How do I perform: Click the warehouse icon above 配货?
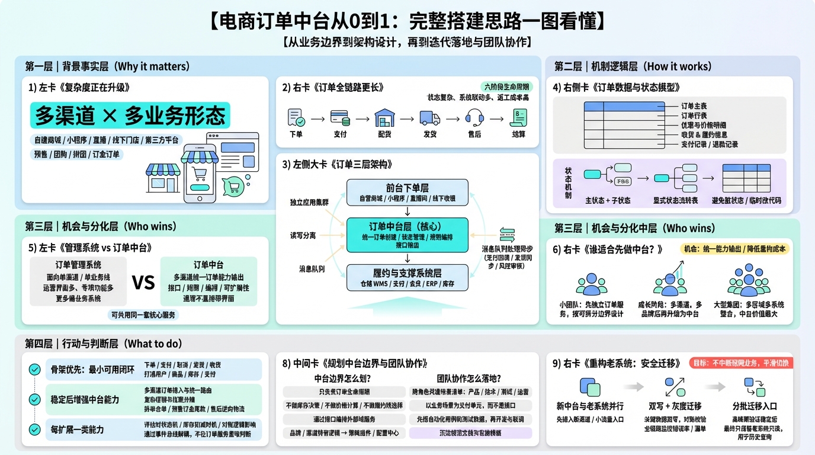coord(384,117)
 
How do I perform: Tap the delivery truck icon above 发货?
coord(429,117)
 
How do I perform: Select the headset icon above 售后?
coord(474,117)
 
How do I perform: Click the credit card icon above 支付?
coord(340,117)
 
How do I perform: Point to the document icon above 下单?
coord(296,117)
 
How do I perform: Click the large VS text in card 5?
coord(143,282)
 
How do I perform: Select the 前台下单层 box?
coord(407,192)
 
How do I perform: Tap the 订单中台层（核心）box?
coord(407,236)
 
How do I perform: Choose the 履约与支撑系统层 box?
coord(407,278)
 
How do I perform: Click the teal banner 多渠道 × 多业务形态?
coord(130,116)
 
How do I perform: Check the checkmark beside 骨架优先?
coord(35,370)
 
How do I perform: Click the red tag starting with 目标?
coord(741,363)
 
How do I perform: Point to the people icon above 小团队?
coord(592,284)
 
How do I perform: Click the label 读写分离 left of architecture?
coord(303,235)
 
